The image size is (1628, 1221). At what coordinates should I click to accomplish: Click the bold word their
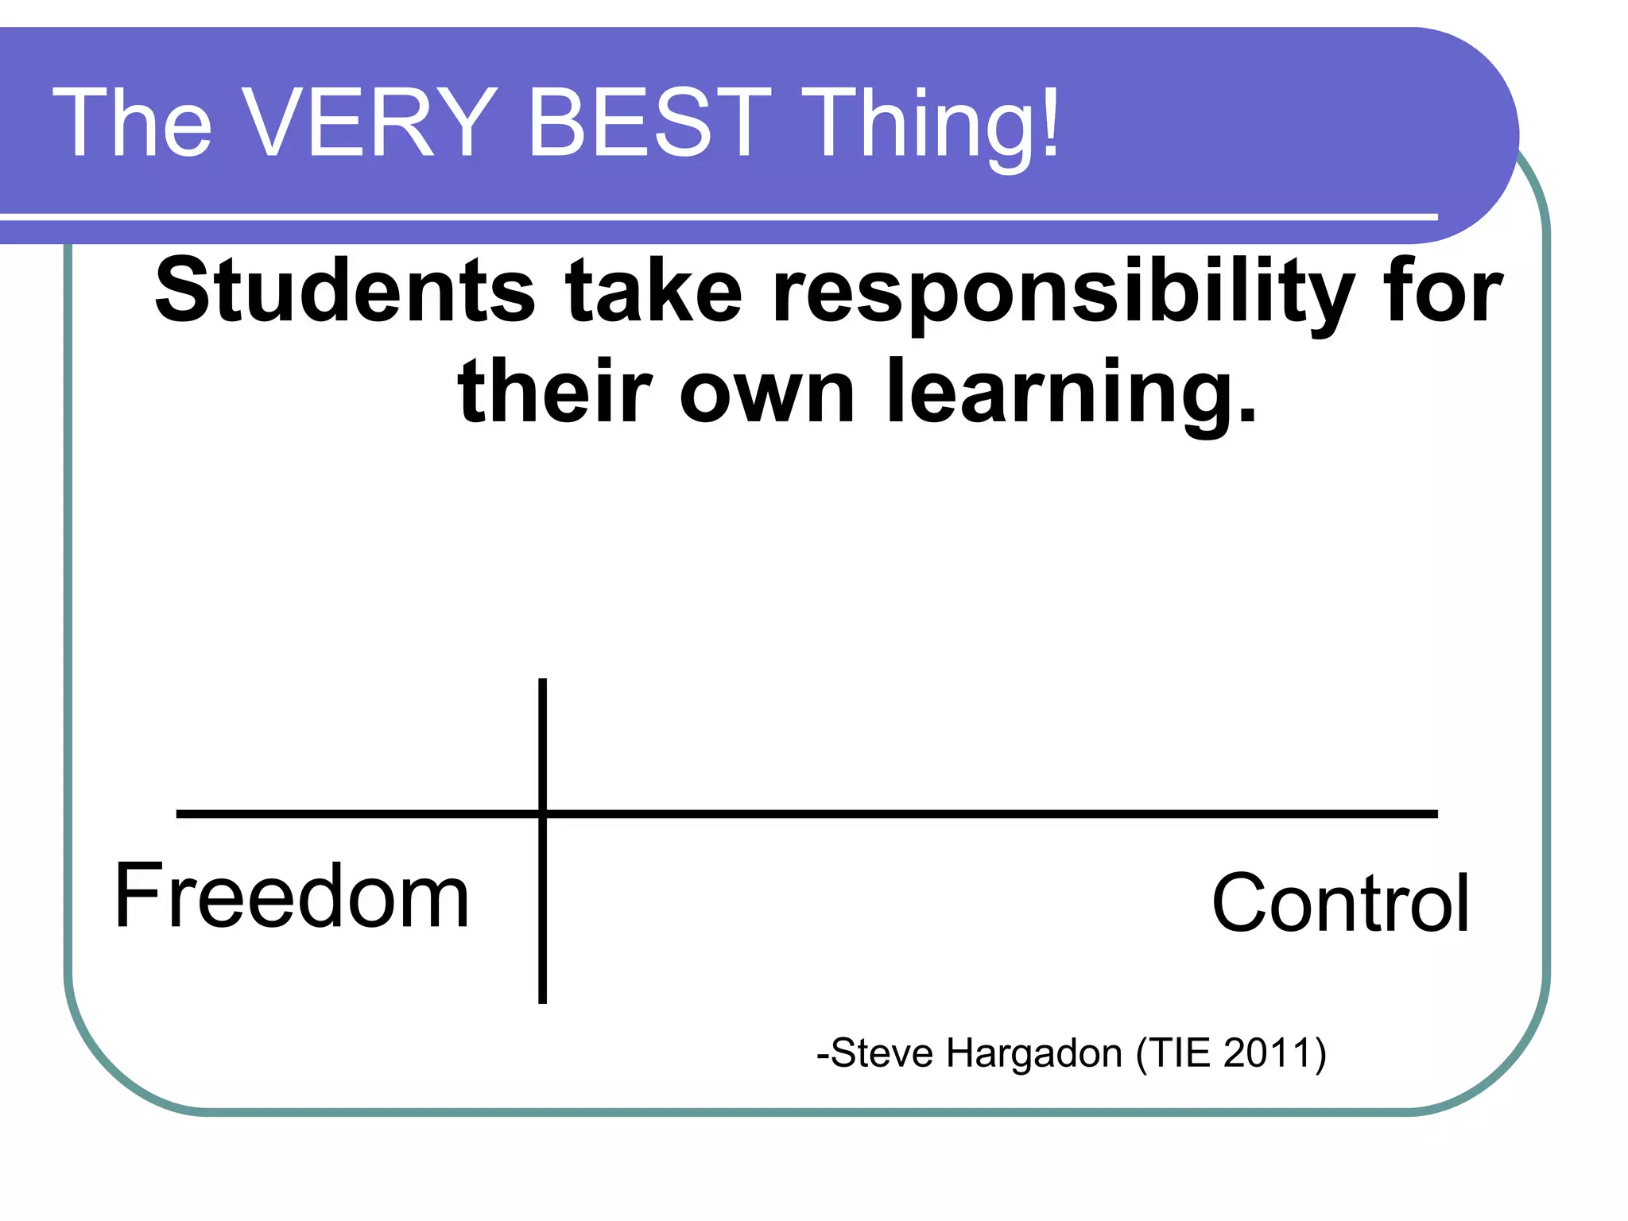pos(555,391)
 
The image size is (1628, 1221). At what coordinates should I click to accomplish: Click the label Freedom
pos(292,896)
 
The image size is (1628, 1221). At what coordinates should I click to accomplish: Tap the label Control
pos(1339,903)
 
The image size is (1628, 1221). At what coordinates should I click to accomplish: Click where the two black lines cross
pos(542,813)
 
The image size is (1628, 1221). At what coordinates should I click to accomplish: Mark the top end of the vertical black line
pos(542,681)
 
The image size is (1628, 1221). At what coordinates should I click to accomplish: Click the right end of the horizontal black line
pos(1435,813)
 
